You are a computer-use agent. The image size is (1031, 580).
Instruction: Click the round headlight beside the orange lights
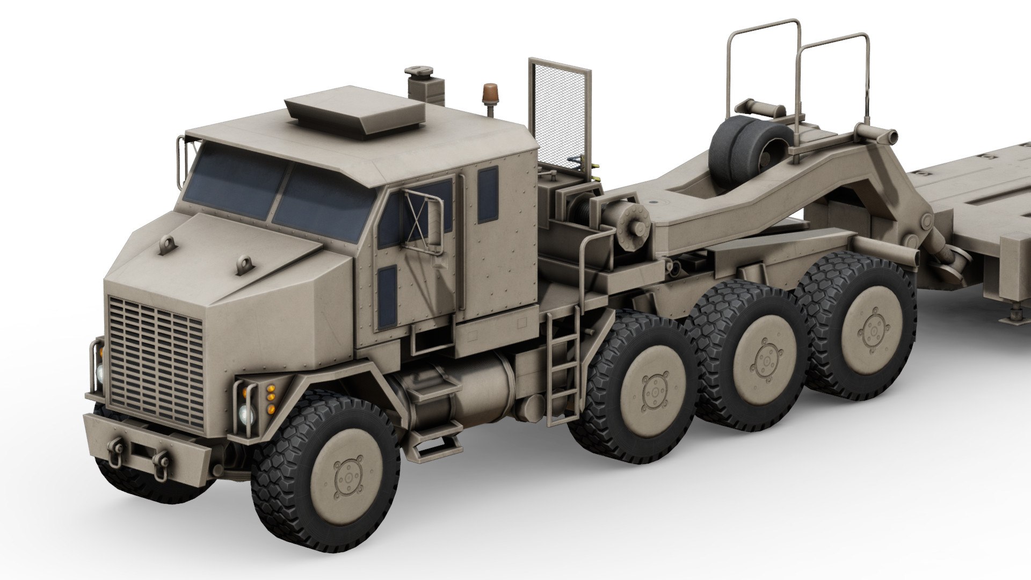click(247, 414)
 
